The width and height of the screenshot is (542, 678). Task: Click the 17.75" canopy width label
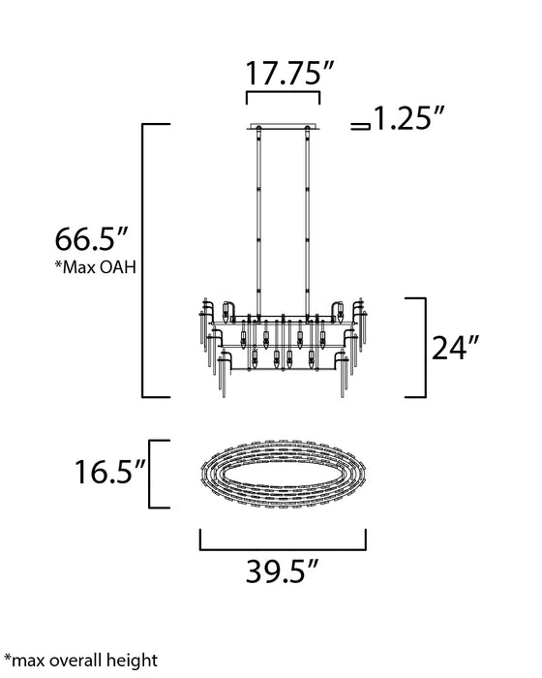284,74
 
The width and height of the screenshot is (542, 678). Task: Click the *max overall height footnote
80,661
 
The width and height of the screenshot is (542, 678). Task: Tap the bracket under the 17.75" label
284,98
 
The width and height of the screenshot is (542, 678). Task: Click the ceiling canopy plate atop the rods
283,126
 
